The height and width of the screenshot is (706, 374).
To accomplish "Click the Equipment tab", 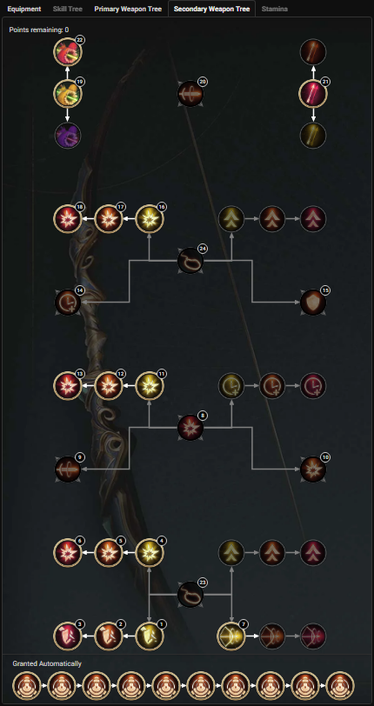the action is pos(24,9).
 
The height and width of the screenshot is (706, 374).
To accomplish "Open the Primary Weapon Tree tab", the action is pos(128,9).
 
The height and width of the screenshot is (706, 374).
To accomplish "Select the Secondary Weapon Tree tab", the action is pos(211,9).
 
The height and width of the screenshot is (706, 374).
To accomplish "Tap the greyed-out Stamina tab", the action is pos(275,9).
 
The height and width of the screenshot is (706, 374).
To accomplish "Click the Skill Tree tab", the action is pos(68,9).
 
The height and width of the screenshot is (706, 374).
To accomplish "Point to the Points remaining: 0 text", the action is pos(39,30).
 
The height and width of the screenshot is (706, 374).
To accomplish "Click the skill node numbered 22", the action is pos(68,52).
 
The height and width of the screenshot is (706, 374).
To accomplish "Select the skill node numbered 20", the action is pos(190,94).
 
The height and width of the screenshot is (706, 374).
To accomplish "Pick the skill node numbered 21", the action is pos(313,94).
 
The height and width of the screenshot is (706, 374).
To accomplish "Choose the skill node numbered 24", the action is pos(190,261).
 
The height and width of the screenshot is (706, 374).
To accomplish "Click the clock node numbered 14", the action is pos(68,302).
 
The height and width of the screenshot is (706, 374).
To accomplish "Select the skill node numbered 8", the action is pos(190,427).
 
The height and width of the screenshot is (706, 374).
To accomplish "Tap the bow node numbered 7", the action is pos(231,636).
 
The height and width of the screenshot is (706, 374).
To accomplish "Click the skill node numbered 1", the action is pos(150,636).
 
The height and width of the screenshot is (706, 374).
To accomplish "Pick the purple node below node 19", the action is pos(68,135).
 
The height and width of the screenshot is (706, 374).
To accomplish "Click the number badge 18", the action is pos(80,207).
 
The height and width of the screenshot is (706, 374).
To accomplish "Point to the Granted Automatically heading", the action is pos(47,663).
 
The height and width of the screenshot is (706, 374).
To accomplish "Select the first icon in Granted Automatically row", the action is pos(26,685).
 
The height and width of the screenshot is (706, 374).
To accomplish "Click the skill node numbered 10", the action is pos(313,470).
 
